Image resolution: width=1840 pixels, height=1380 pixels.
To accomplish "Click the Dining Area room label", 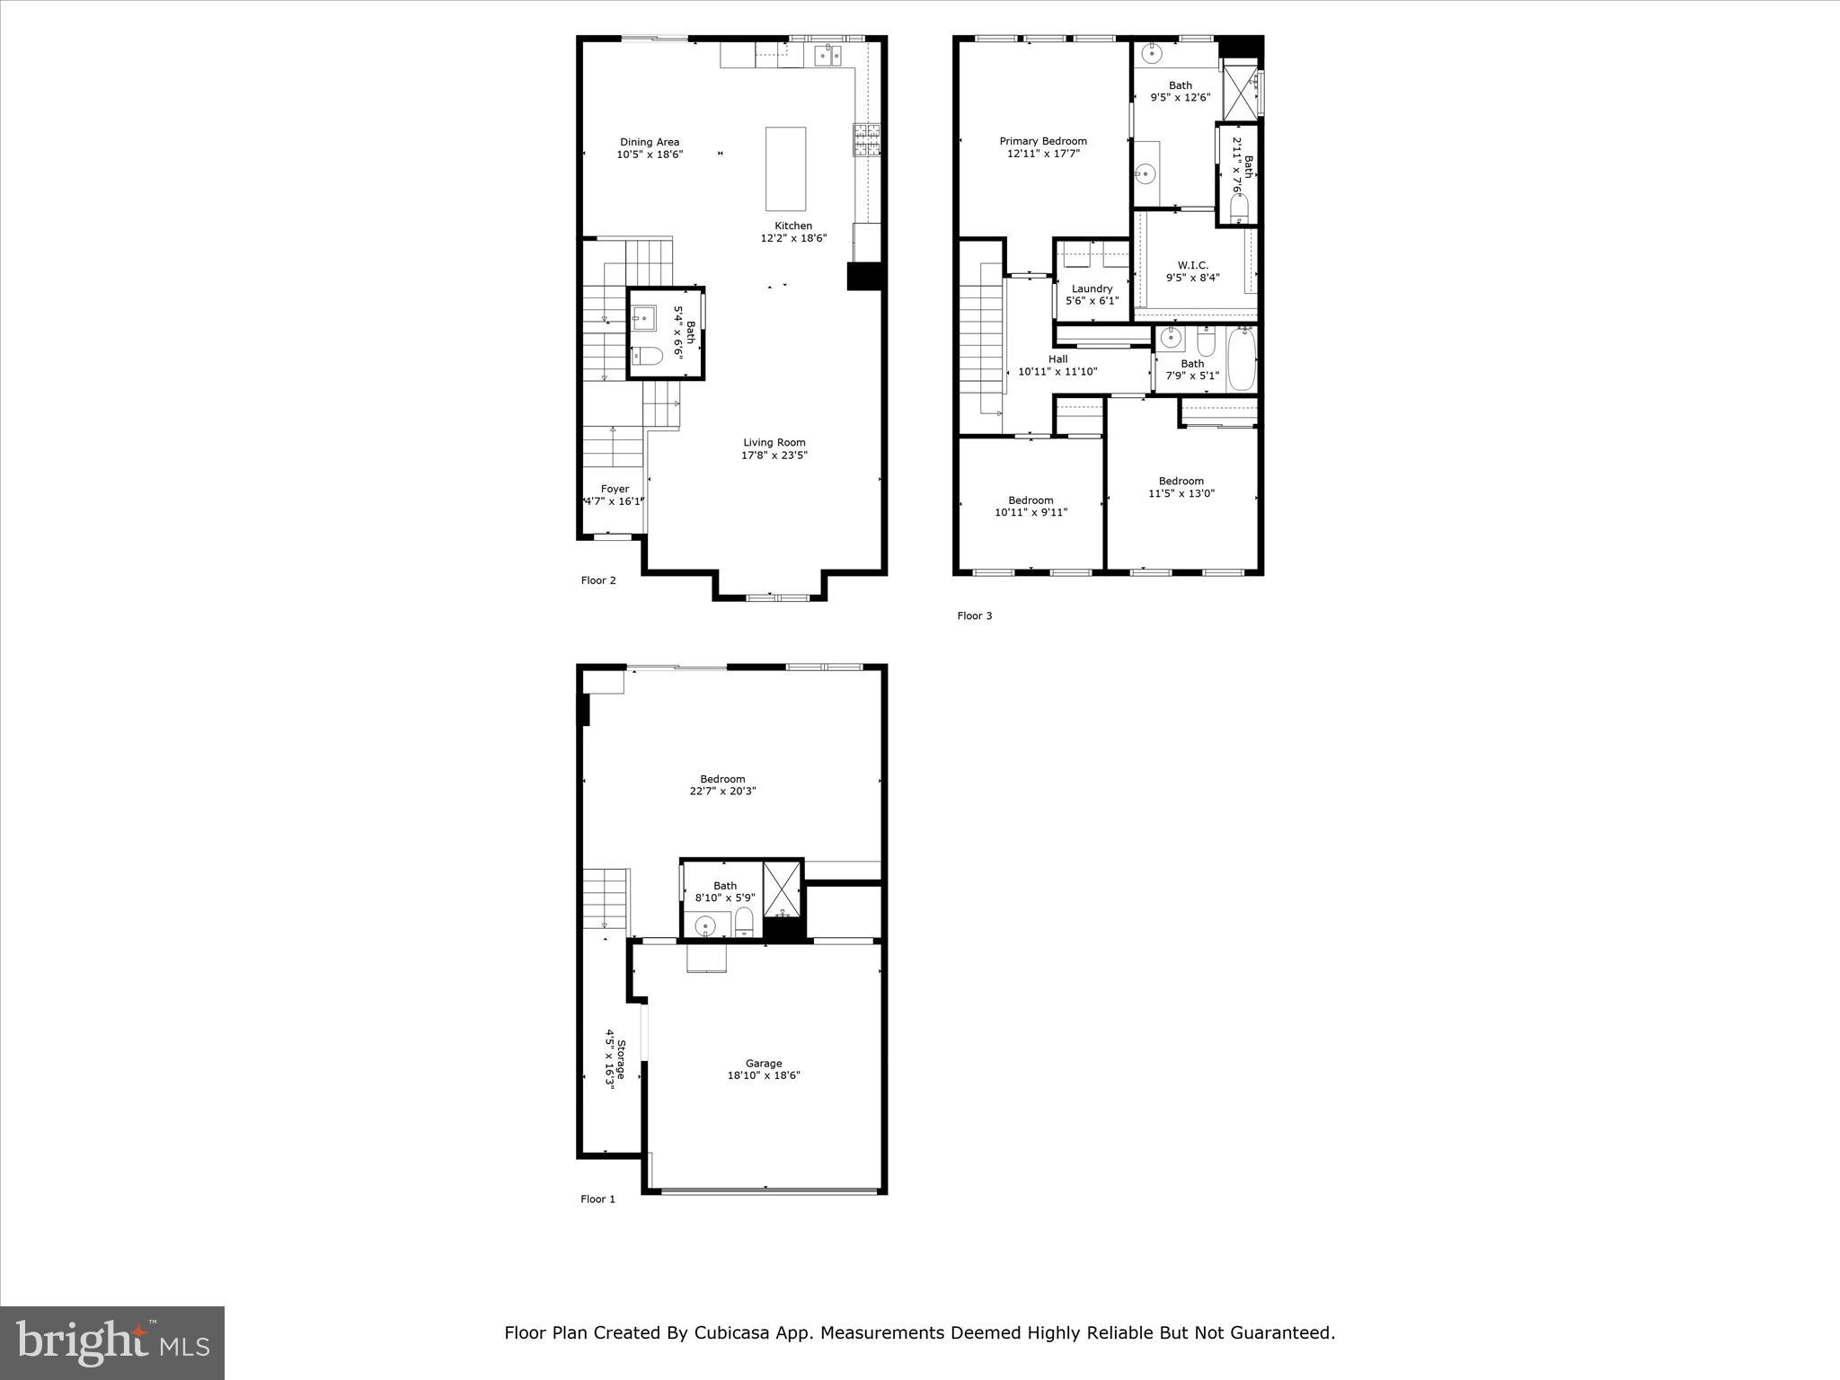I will click(649, 142).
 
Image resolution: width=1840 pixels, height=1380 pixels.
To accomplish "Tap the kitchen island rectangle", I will click(785, 169).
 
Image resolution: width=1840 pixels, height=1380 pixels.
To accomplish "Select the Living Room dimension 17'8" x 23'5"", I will click(774, 456).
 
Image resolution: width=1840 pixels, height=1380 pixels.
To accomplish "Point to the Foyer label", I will click(615, 490).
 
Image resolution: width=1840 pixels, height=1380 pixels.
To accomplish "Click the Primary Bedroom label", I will click(1043, 141).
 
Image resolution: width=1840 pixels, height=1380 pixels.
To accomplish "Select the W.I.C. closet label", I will click(1192, 265).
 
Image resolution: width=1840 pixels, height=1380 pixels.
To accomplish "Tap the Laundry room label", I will click(1092, 288).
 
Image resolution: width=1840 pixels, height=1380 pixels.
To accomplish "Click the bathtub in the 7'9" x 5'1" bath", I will click(1241, 359).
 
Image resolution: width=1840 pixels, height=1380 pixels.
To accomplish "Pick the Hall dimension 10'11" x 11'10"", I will click(1057, 371).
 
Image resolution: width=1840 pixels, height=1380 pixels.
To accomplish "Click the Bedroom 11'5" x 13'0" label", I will click(1181, 481).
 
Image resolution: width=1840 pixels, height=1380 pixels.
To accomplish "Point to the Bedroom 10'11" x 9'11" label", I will click(1031, 500).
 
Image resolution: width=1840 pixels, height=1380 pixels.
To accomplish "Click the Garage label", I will click(763, 1063).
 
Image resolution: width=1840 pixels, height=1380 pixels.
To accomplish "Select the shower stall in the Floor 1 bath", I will click(782, 888).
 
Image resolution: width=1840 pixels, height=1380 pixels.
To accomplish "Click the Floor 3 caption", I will click(974, 615).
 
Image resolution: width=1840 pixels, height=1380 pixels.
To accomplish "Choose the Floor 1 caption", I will click(597, 1199).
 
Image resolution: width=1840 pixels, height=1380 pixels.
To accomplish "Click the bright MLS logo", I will click(112, 1342).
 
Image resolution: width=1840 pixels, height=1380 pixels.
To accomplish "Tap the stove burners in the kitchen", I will click(866, 140).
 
